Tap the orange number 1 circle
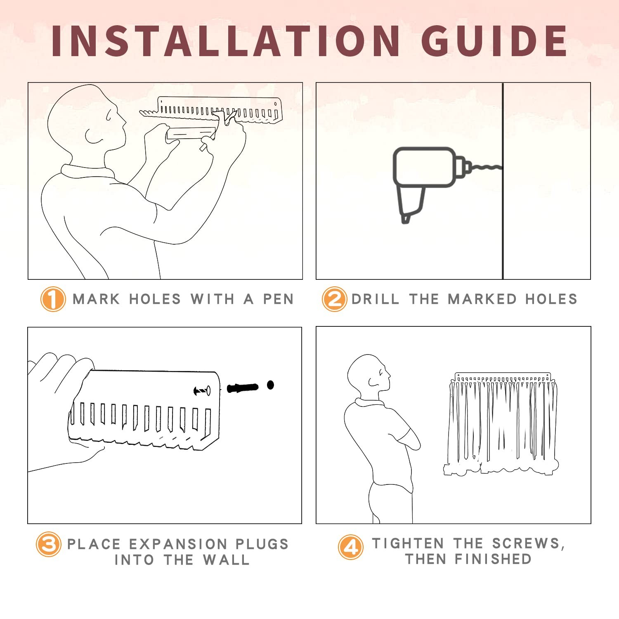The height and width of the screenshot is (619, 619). (53, 299)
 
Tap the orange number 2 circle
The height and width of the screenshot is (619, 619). (334, 299)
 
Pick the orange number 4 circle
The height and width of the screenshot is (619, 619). (351, 547)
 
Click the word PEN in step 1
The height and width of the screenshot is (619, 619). (279, 299)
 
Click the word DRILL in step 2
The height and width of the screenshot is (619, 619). (375, 299)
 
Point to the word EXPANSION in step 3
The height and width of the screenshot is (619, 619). (178, 544)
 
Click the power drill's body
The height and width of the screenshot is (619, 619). (424, 167)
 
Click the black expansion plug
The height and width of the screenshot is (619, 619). (243, 388)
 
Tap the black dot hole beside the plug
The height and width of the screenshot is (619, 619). (270, 385)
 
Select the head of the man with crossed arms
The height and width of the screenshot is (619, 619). (369, 373)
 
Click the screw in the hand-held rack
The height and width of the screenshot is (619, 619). (202, 390)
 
